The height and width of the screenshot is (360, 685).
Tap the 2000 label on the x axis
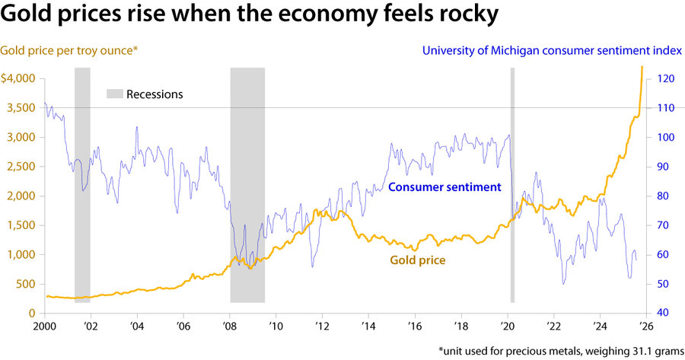tap(44, 326)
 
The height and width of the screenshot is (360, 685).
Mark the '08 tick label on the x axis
tap(230, 326)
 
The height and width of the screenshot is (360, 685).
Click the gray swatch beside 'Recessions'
tap(113, 94)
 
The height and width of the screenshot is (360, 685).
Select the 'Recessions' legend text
tap(155, 94)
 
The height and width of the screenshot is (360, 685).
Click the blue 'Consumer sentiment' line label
tap(444, 186)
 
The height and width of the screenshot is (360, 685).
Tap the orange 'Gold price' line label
tap(417, 260)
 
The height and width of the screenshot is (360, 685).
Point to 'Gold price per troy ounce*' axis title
tap(69, 51)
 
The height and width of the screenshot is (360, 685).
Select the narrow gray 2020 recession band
tap(512, 183)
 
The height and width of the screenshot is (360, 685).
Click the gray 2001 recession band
tap(82, 183)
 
